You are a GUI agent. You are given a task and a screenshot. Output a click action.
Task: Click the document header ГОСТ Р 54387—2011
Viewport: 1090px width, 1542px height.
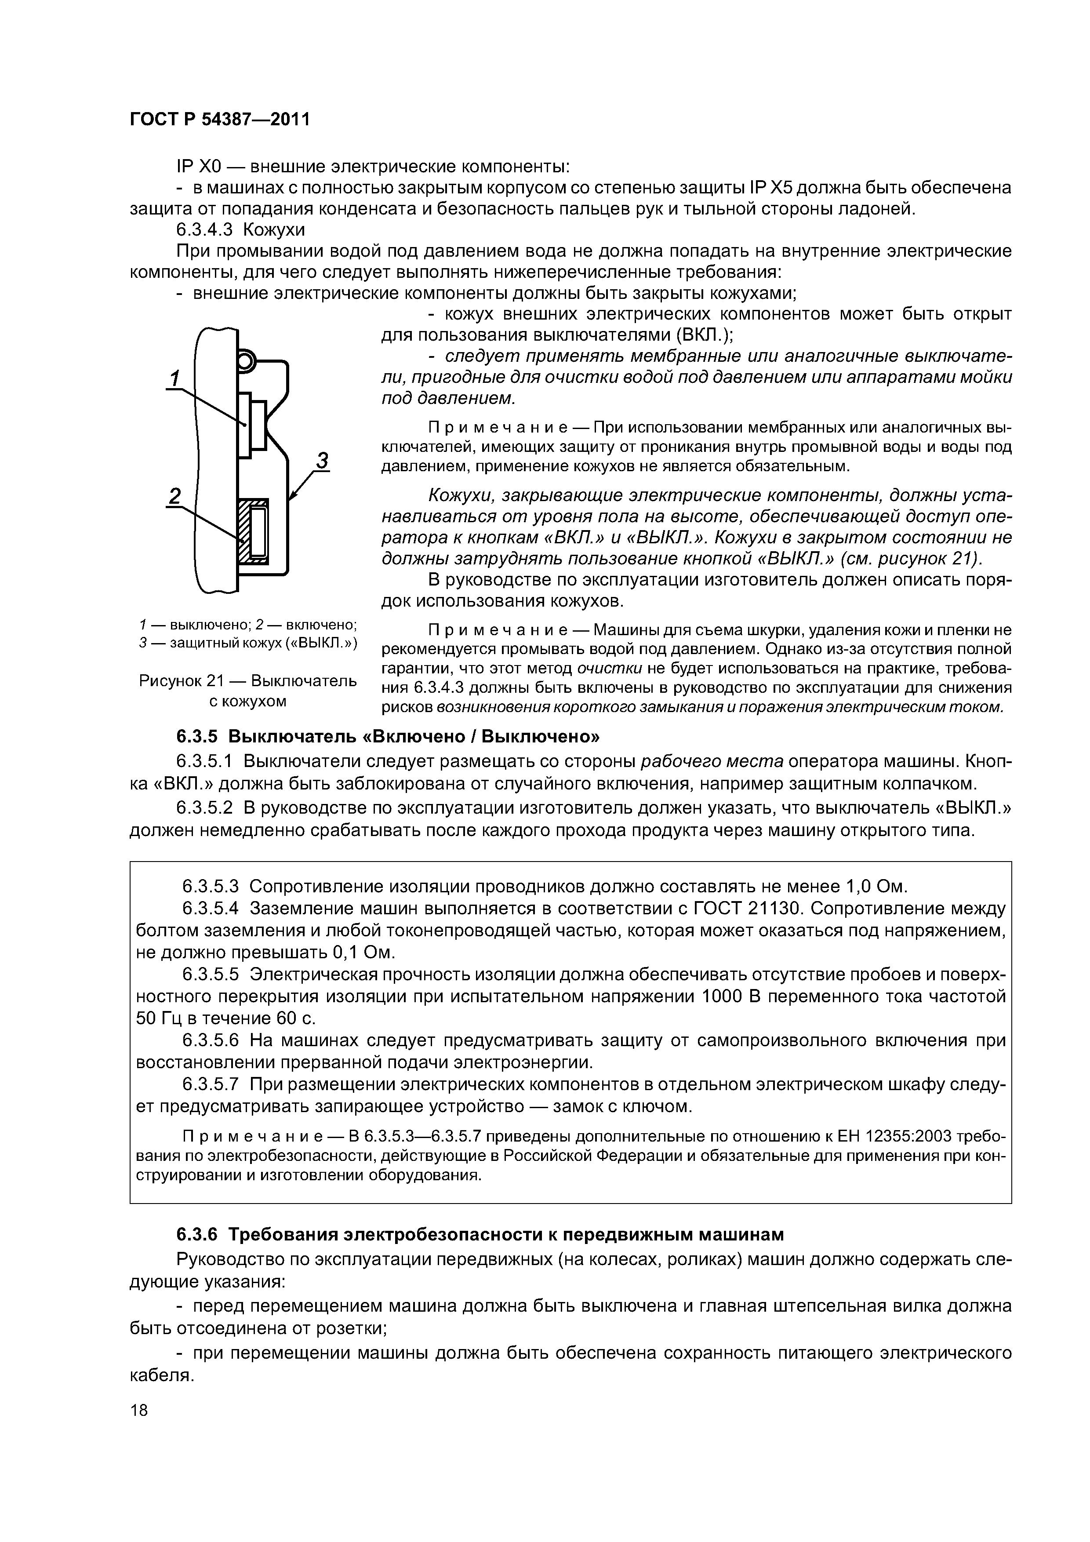tap(220, 120)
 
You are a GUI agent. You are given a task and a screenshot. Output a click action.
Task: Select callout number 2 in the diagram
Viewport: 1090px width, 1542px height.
tap(174, 496)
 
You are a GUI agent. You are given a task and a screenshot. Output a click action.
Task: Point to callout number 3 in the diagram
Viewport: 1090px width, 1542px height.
tap(322, 461)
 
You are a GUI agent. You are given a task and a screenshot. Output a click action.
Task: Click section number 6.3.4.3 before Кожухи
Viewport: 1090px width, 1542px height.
tap(204, 230)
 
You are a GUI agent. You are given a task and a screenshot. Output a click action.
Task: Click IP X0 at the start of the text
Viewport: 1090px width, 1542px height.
tap(195, 166)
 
